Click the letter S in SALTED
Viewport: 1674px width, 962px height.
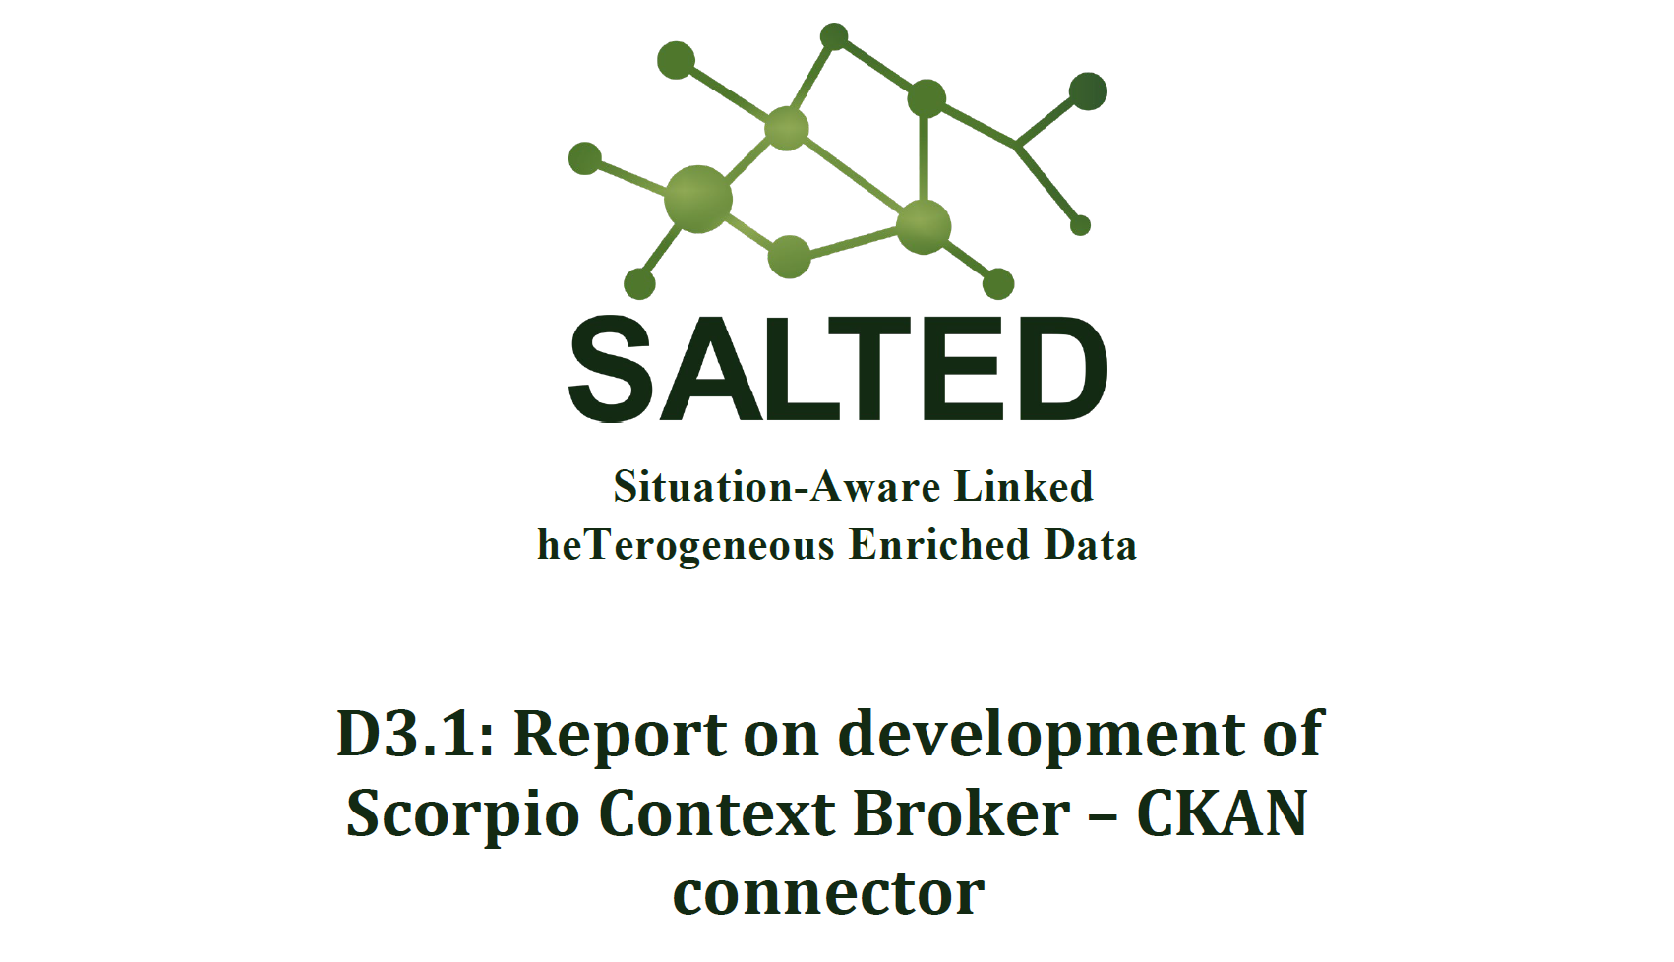pyautogui.click(x=613, y=369)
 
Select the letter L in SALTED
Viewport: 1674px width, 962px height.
pyautogui.click(x=802, y=369)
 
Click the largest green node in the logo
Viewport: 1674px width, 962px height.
pyautogui.click(x=698, y=199)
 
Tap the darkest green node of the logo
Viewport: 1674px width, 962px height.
pyautogui.click(x=1088, y=91)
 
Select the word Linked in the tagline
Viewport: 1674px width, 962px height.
pyautogui.click(x=1025, y=487)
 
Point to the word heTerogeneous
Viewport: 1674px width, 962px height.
pyautogui.click(x=686, y=546)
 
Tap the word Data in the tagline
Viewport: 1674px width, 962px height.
pyautogui.click(x=1091, y=545)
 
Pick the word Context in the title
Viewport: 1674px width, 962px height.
pyautogui.click(x=717, y=813)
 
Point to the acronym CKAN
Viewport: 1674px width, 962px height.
pyautogui.click(x=1222, y=813)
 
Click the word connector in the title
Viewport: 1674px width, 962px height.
pyautogui.click(x=829, y=894)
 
